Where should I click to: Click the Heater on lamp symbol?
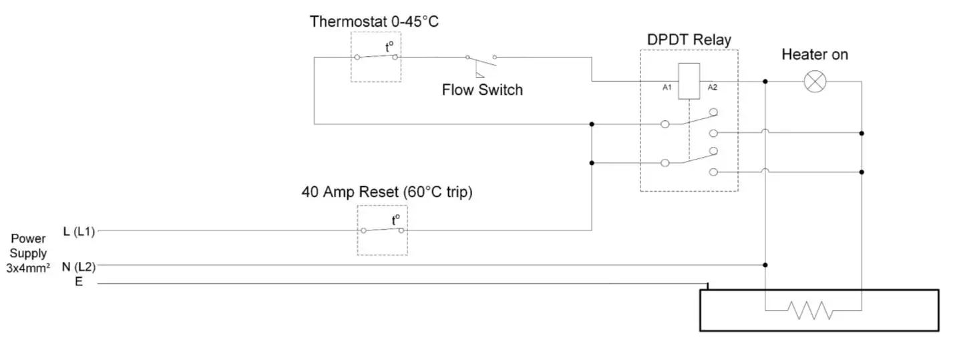click(813, 81)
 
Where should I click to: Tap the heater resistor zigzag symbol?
click(810, 310)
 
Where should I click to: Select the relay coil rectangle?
click(688, 81)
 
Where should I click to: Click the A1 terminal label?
click(666, 87)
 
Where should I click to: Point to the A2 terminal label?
click(713, 87)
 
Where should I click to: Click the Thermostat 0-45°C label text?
click(374, 21)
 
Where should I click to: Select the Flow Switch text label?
click(482, 89)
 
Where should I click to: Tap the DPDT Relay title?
click(689, 39)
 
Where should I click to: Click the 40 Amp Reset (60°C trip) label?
click(387, 192)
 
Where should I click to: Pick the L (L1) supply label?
click(79, 232)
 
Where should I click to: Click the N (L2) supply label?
click(78, 266)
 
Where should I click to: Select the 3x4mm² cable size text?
click(28, 268)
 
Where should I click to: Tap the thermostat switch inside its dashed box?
click(376, 56)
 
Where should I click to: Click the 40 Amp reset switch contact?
click(382, 230)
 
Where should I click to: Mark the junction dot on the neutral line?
click(765, 265)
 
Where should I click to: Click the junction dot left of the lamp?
click(765, 81)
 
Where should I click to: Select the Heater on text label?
click(814, 55)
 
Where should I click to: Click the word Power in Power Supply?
click(28, 239)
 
